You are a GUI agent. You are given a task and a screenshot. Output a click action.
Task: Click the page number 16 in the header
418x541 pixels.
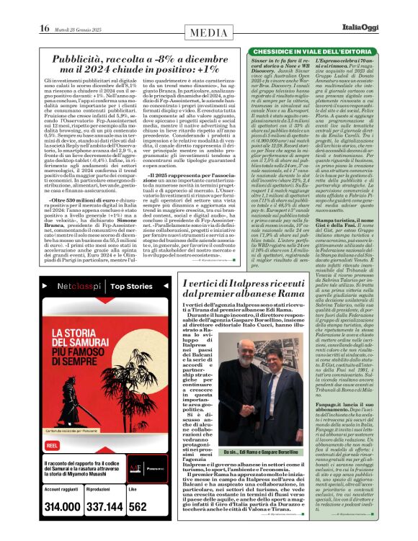pyautogui.click(x=44, y=9)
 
